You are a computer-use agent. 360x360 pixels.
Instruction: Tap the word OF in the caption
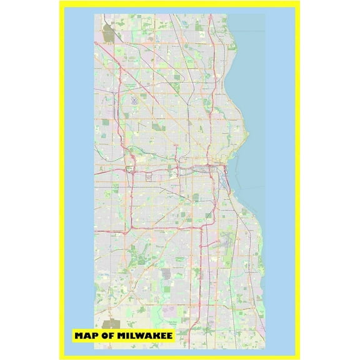point(111,336)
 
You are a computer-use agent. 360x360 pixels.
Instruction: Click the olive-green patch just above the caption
point(111,324)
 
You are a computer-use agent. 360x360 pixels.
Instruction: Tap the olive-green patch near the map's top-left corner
point(108,34)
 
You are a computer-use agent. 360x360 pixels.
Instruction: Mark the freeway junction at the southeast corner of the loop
point(206,225)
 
